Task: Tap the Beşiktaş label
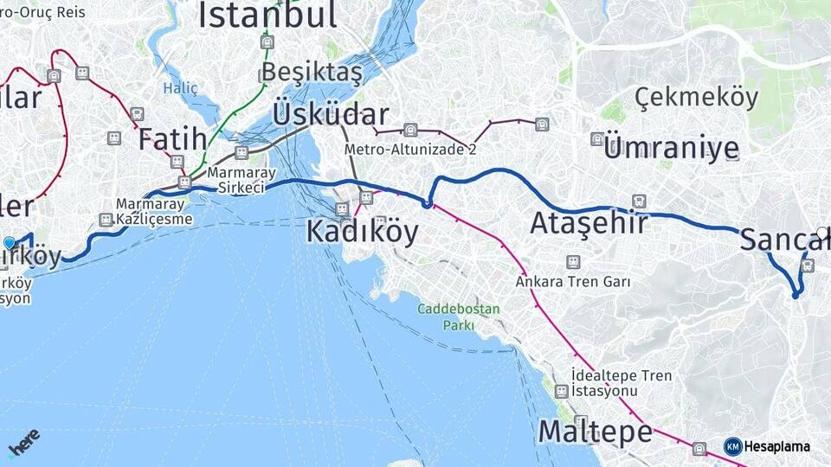[x=312, y=72]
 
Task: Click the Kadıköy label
[x=362, y=231]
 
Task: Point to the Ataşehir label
[x=589, y=223]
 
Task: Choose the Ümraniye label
[x=673, y=148]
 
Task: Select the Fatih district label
[x=173, y=138]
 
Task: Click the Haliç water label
[x=180, y=88]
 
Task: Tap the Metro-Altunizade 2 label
[x=410, y=149]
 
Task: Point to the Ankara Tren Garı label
[x=572, y=281]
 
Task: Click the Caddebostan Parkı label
[x=446, y=317]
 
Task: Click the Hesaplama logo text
[x=776, y=446]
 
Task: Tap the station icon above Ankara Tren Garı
[x=572, y=261]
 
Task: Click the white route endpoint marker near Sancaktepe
[x=822, y=232]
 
